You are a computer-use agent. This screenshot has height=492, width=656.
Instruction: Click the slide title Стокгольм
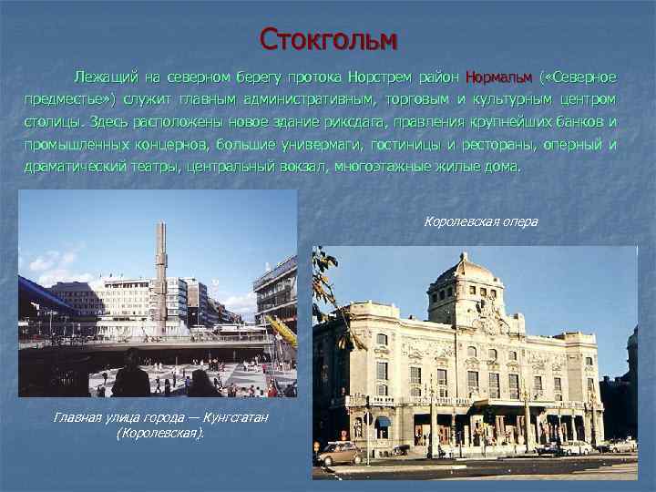(x=328, y=39)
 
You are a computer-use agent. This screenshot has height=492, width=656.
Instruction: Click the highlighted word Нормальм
(x=498, y=75)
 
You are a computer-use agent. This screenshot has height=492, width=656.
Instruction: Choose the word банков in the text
(x=579, y=121)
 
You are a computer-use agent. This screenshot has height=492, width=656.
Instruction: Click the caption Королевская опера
(x=481, y=221)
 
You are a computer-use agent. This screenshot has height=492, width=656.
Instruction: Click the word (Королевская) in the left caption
(x=160, y=432)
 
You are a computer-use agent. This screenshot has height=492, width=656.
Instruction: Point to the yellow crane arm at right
(x=282, y=331)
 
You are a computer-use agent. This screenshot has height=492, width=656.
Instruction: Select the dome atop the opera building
(x=466, y=271)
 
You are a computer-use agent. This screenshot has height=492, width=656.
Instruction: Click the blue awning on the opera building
(x=383, y=422)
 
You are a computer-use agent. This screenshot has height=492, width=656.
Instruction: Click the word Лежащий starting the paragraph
(x=105, y=75)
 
